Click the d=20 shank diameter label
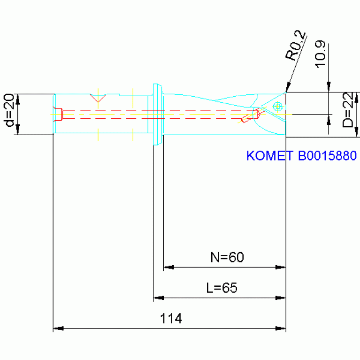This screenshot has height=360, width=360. (9, 115)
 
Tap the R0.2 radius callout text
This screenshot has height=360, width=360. (296, 46)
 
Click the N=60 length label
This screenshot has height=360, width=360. (227, 257)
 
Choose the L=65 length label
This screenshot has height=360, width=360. (222, 287)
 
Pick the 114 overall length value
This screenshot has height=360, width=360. (171, 319)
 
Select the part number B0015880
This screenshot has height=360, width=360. (327, 156)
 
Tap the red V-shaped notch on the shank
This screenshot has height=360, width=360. (98, 99)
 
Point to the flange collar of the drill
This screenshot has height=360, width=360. (156, 115)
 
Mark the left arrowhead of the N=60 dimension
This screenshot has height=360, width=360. (169, 268)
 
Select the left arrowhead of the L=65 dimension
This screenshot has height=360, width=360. (159, 298)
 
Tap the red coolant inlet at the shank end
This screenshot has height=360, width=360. (58, 114)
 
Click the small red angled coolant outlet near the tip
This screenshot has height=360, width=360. (245, 119)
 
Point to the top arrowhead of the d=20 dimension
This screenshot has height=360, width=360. (18, 99)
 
